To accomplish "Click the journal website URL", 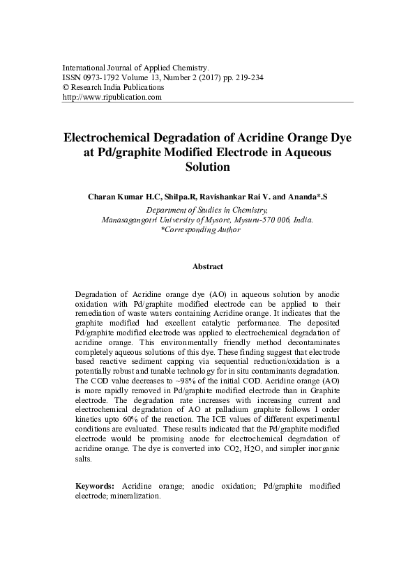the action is pyautogui.click(x=112, y=98).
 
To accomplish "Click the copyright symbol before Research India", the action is pyautogui.click(x=66, y=88).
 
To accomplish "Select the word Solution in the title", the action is pyautogui.click(x=207, y=167).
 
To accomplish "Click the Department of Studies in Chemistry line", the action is pyautogui.click(x=207, y=208).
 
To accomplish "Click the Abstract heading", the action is pyautogui.click(x=207, y=267).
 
